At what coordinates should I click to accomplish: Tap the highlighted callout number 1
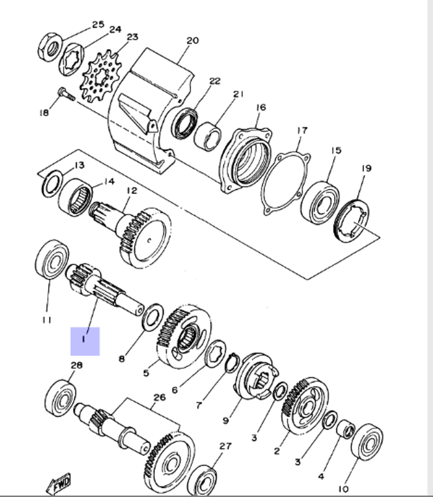[x=85, y=341]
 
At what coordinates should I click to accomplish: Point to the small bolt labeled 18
[x=65, y=94]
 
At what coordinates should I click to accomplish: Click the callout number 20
[x=192, y=41]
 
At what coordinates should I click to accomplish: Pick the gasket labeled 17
[x=286, y=182]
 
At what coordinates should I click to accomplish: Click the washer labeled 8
[x=152, y=317]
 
